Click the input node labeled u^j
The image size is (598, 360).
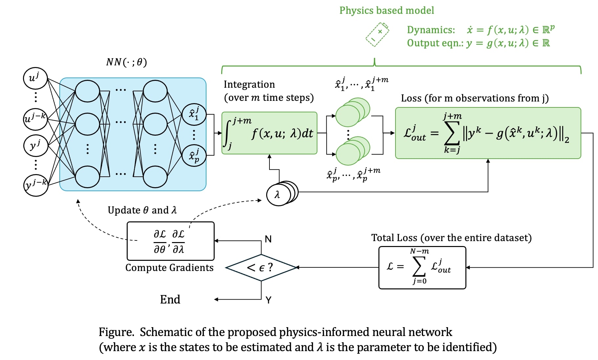pos(35,78)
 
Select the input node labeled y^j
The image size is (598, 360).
pos(35,145)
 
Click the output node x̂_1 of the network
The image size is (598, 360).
pos(194,114)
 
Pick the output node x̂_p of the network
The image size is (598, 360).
pos(194,155)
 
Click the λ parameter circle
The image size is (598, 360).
pos(278,195)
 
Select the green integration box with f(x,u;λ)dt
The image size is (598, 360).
pos(269,133)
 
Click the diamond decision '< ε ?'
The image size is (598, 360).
pos(261,267)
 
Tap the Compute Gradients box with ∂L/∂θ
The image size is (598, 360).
pos(170,241)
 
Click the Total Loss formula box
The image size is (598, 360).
pos(422,267)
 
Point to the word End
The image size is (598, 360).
pos(170,299)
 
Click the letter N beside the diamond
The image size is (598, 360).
pos(268,239)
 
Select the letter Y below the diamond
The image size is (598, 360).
pos(268,300)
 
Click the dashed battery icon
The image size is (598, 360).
pos(377,34)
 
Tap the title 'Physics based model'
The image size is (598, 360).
pos(387,11)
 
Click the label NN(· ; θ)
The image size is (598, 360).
pos(127,62)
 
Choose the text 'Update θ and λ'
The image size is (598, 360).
pos(142,210)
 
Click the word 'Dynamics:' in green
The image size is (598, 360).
pos(431,30)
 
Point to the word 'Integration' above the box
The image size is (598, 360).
pos(249,84)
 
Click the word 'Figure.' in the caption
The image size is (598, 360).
pos(116,332)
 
